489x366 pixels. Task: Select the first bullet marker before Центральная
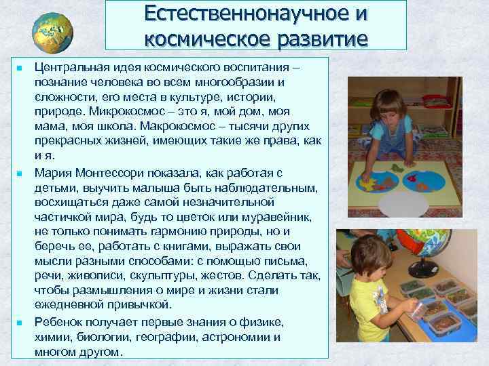tap(20, 69)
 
